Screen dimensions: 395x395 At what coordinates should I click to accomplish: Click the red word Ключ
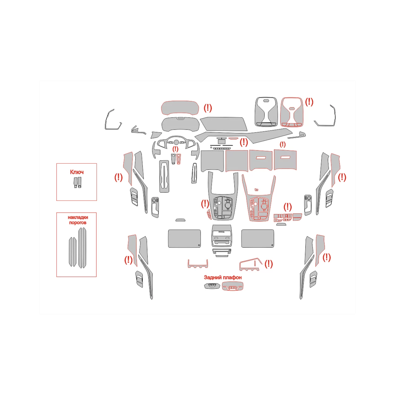click(77, 172)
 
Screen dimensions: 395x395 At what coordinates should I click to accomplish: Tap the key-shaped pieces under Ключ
click(77, 182)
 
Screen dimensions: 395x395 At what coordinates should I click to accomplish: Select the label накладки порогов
click(78, 220)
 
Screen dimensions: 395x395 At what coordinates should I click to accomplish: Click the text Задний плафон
click(222, 277)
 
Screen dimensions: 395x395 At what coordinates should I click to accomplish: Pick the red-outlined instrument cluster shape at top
click(180, 108)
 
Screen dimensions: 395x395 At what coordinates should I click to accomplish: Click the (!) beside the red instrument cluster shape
click(208, 108)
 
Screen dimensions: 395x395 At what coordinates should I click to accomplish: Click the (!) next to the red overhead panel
click(309, 102)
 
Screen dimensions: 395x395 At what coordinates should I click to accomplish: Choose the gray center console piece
click(223, 196)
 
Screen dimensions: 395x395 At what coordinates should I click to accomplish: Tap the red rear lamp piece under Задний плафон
click(233, 286)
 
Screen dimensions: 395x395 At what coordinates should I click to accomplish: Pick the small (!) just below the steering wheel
click(175, 149)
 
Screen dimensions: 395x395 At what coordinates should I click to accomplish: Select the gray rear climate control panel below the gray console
click(222, 236)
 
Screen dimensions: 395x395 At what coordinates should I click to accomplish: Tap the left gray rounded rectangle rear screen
click(184, 239)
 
